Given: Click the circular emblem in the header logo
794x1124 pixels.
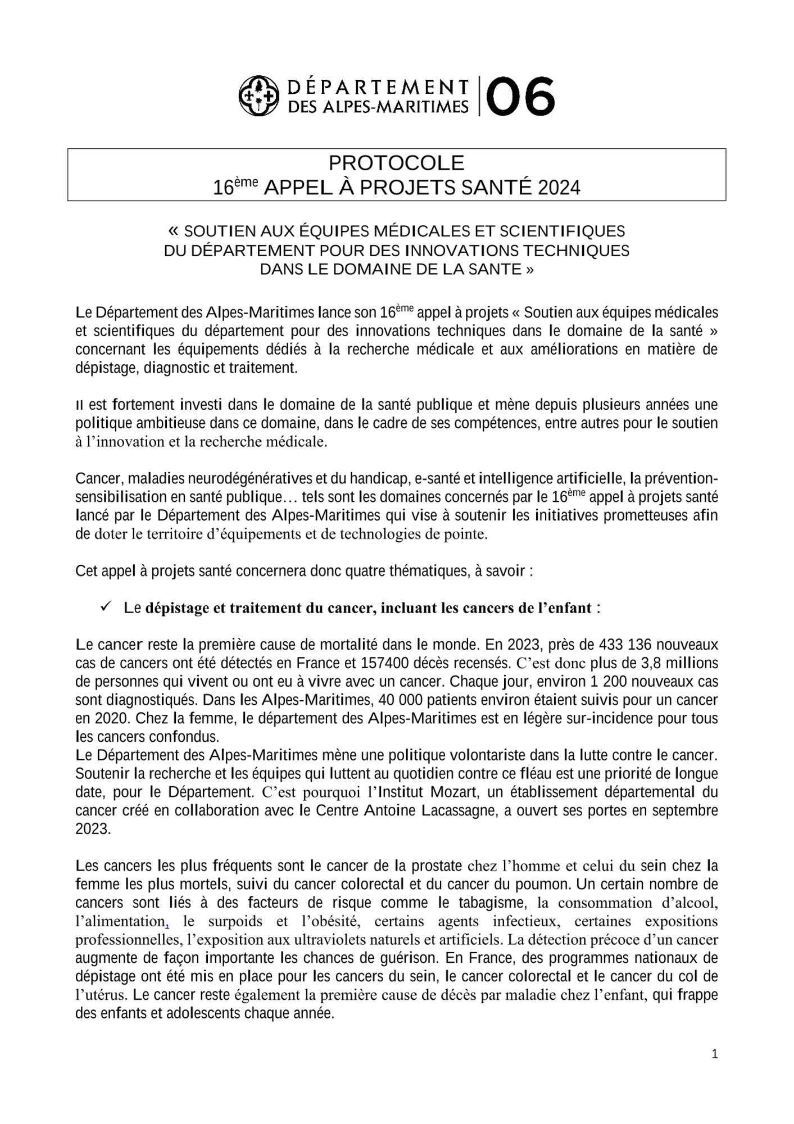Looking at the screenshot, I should tap(259, 97).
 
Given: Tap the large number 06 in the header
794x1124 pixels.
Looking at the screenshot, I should tap(521, 97).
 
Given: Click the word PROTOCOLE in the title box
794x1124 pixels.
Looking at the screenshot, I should tap(396, 163).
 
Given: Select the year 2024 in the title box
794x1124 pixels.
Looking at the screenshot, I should tap(559, 188).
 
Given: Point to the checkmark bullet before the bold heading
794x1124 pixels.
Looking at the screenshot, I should tap(105, 607).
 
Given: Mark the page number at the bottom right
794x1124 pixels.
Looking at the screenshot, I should tap(715, 1054).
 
